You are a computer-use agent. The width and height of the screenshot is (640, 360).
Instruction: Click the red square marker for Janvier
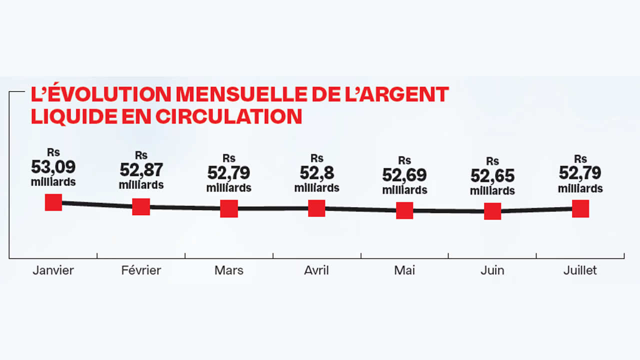point(53,202)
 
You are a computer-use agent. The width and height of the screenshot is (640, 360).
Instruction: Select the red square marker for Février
point(141,206)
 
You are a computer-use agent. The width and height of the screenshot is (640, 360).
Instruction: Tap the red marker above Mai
point(404,210)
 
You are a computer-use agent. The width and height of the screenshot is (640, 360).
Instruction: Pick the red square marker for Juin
point(492,211)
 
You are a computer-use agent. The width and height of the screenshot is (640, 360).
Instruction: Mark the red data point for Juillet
point(580,208)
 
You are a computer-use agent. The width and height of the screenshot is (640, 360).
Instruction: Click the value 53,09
point(53,166)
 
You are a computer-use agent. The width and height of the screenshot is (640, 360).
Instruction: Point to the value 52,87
point(141,170)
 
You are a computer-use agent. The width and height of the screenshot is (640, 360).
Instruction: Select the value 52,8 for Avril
point(316,172)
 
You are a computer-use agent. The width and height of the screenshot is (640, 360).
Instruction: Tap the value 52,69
point(404,175)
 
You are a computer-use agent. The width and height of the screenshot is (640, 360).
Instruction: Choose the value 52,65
point(492,176)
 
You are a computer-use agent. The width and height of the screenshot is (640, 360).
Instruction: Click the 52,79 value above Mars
point(229,172)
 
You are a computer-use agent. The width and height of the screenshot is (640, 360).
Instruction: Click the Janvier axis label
point(53,270)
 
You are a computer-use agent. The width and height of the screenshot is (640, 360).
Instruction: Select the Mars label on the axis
point(229,270)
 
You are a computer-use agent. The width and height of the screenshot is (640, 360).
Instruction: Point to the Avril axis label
point(316,270)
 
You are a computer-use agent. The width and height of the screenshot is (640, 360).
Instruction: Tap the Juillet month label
point(580,270)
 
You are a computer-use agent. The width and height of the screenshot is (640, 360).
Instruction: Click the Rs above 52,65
point(492,161)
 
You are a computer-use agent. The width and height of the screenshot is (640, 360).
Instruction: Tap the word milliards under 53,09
point(53,181)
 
